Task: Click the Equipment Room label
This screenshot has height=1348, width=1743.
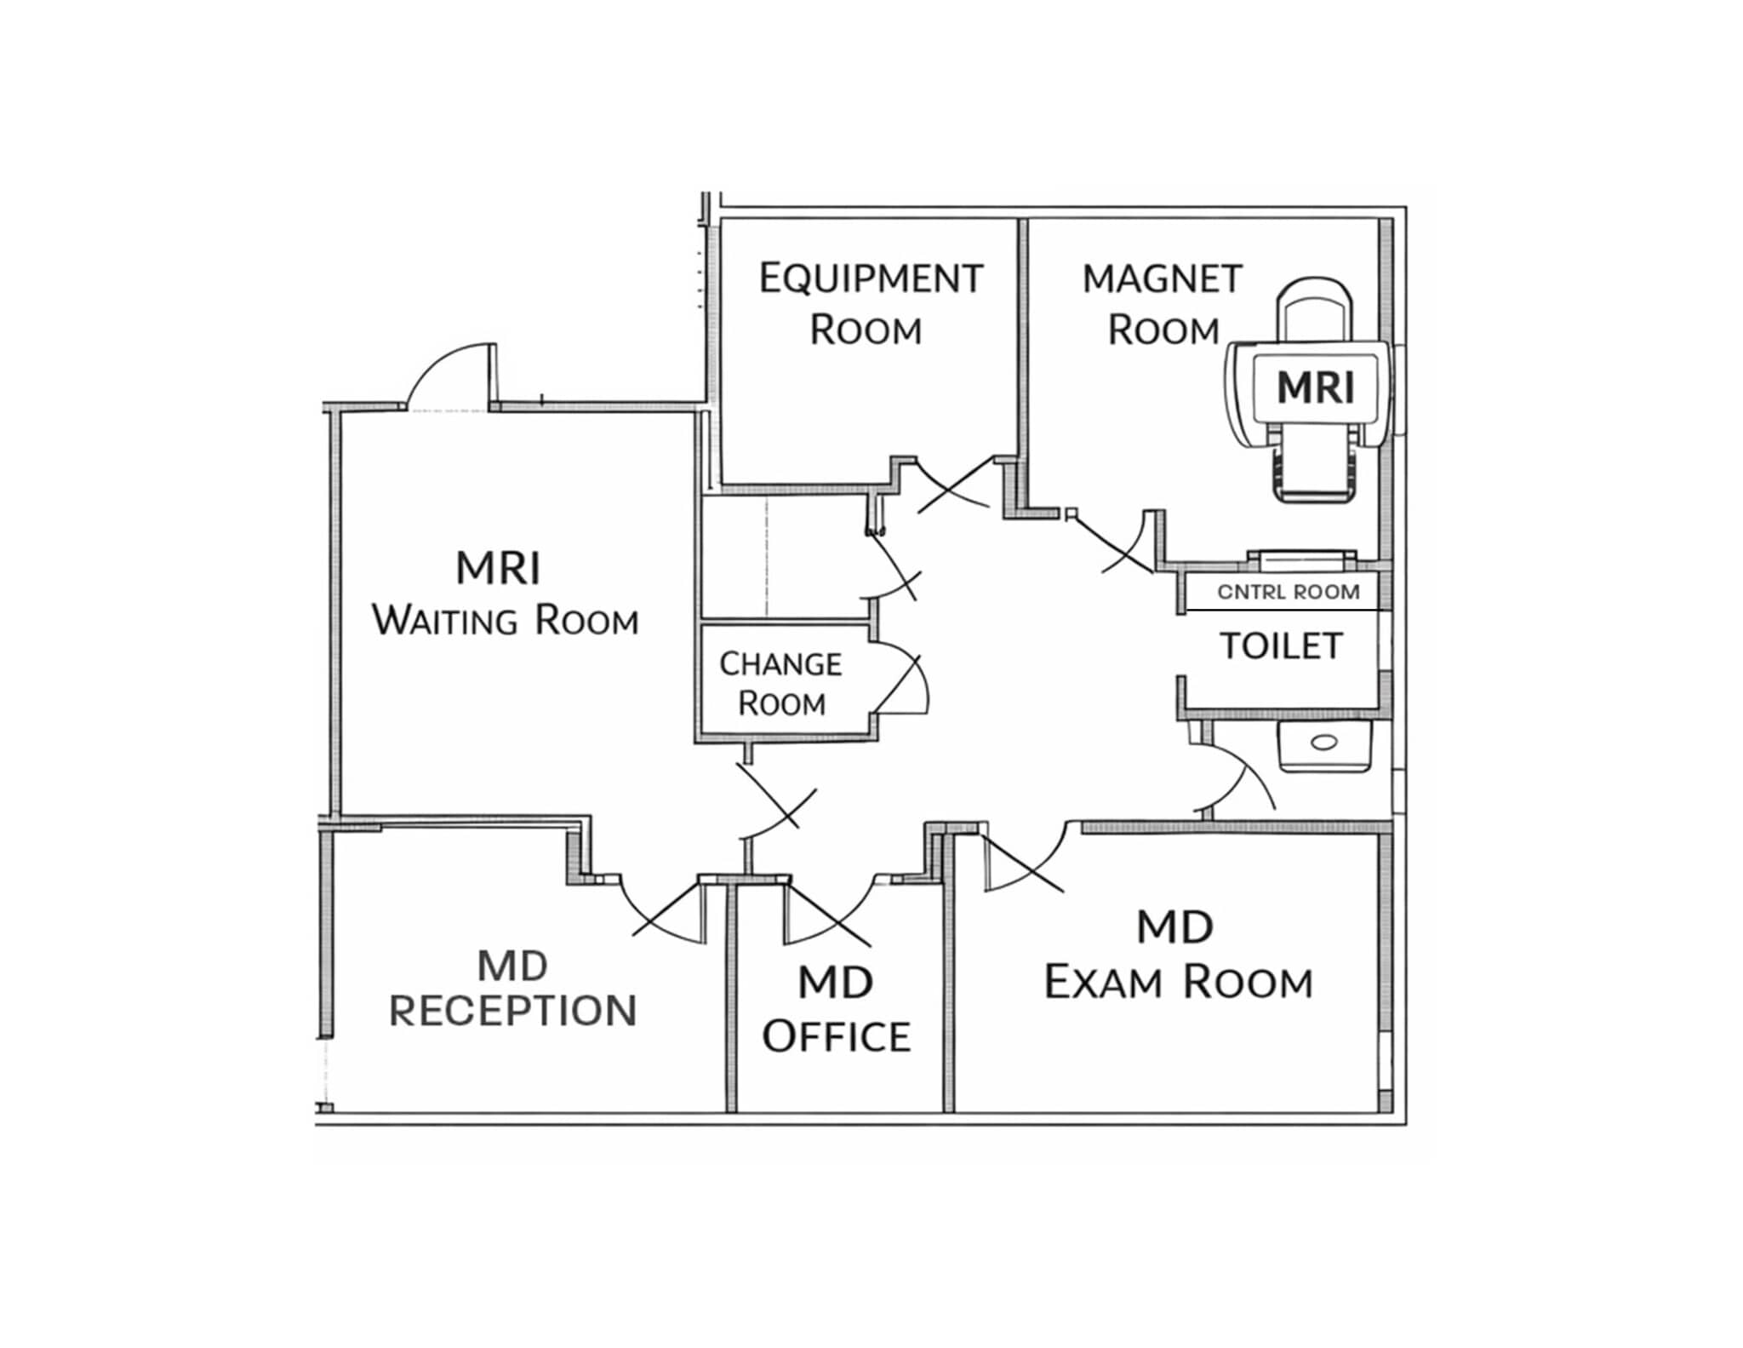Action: pyautogui.click(x=871, y=304)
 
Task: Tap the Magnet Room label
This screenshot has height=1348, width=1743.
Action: pyautogui.click(x=1163, y=304)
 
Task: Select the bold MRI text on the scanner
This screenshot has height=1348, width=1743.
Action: pyautogui.click(x=1316, y=388)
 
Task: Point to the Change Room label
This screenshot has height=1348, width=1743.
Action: pyautogui.click(x=781, y=684)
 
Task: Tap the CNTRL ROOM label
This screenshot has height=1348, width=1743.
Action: pyautogui.click(x=1289, y=592)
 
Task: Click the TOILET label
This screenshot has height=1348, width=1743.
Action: pyautogui.click(x=1282, y=646)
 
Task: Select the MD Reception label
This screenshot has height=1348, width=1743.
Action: pyautogui.click(x=513, y=989)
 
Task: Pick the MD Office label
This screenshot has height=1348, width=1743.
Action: pyautogui.click(x=837, y=1010)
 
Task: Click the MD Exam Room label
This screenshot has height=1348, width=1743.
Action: pyautogui.click(x=1179, y=955)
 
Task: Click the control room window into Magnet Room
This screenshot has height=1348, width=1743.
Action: pyautogui.click(x=1302, y=558)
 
